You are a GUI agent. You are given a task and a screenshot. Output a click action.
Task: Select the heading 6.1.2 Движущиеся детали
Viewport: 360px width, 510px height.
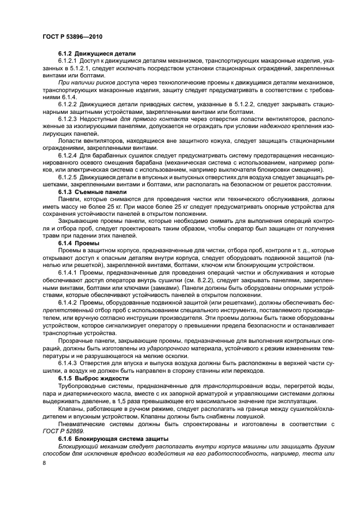coord(96,53)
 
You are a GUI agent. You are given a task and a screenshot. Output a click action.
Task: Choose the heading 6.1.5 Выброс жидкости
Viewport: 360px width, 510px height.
coord(93,378)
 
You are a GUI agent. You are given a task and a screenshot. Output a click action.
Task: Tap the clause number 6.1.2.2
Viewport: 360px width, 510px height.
coord(68,104)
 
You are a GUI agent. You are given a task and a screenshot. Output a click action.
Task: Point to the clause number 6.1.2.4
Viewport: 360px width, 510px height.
coord(68,154)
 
